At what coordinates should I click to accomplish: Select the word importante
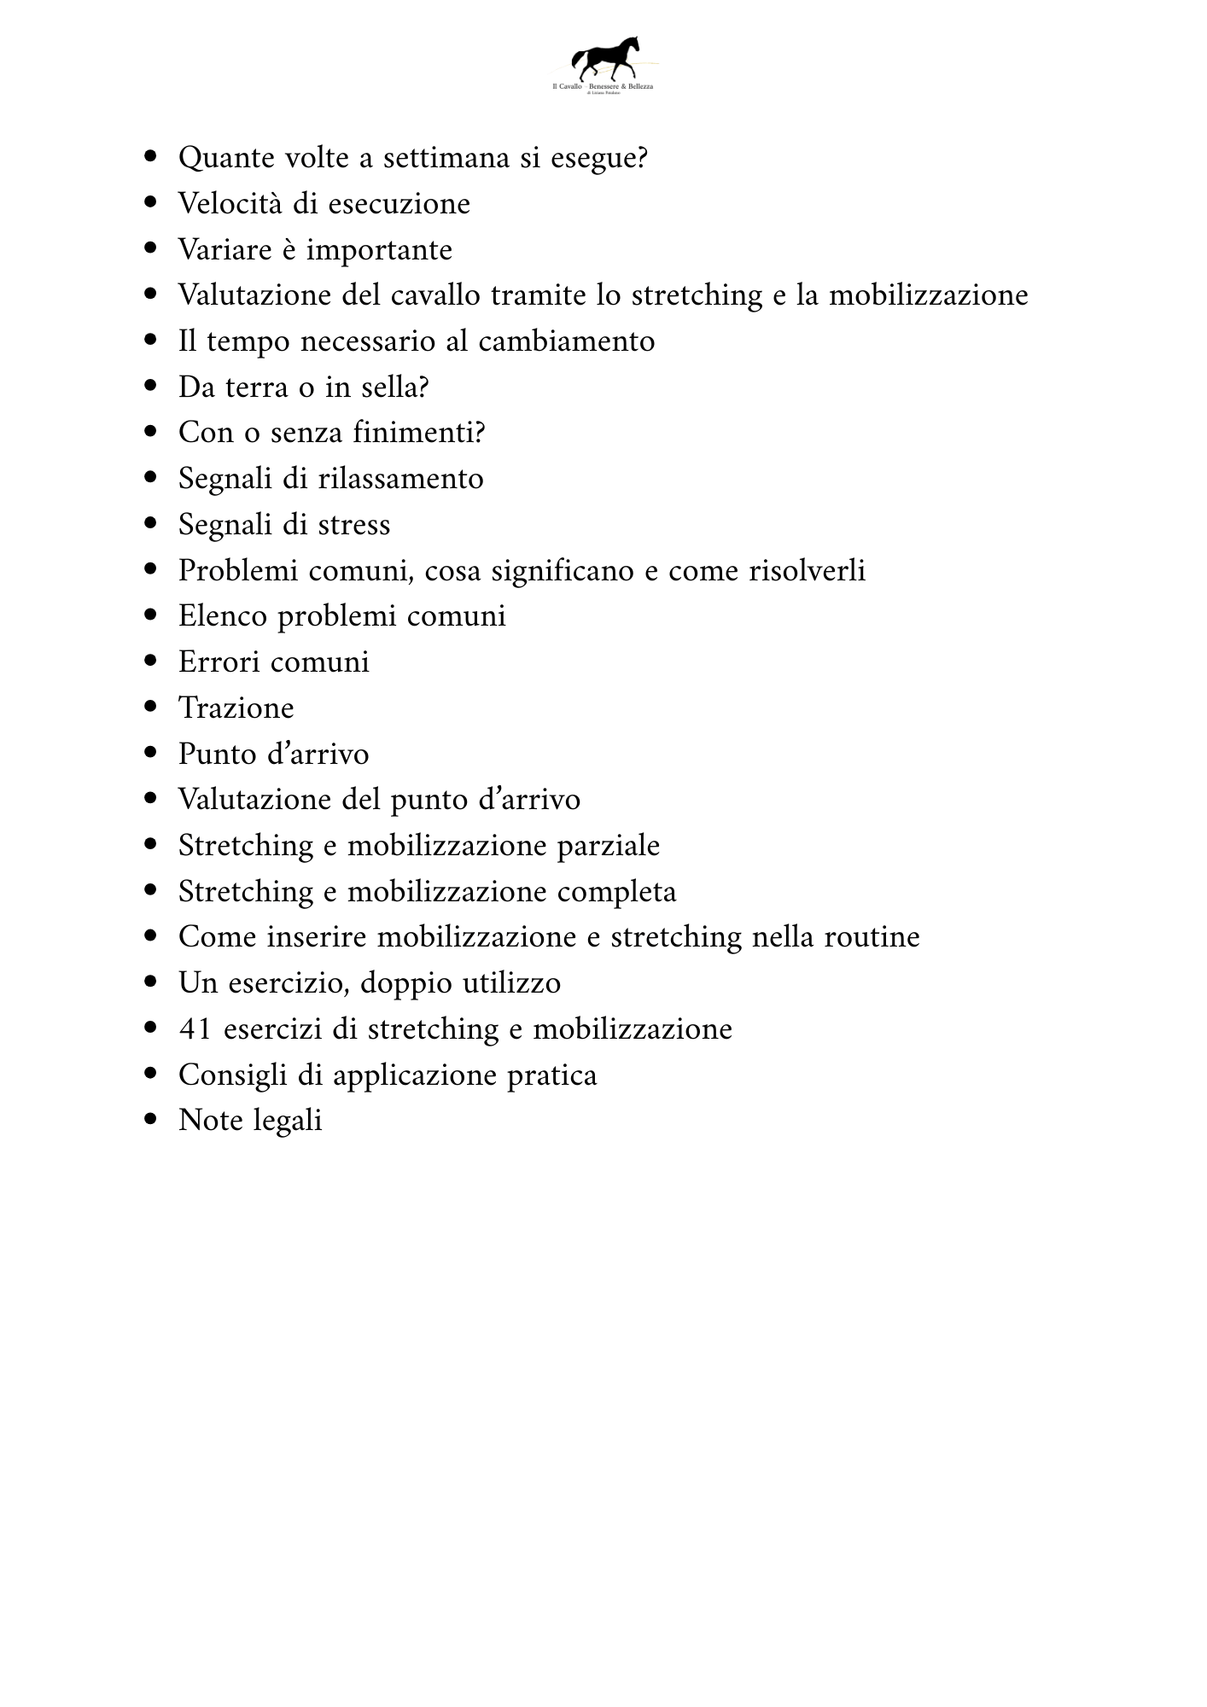pyautogui.click(x=379, y=251)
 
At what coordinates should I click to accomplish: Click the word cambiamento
pyautogui.click(x=566, y=341)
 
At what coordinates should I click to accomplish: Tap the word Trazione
pyautogui.click(x=236, y=708)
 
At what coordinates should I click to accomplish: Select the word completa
pyautogui.click(x=616, y=892)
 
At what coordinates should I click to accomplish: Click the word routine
pyautogui.click(x=872, y=937)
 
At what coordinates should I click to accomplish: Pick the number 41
pyautogui.click(x=195, y=1029)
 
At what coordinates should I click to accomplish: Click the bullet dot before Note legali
pyautogui.click(x=152, y=1119)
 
